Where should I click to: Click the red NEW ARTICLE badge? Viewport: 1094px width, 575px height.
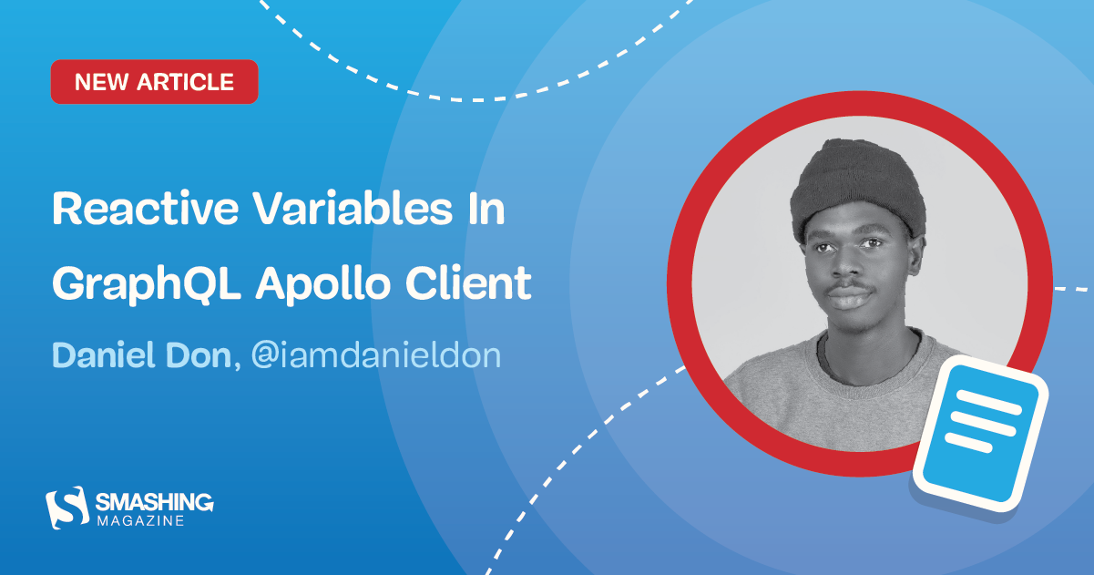[154, 82]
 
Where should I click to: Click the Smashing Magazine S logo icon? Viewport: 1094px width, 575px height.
[66, 506]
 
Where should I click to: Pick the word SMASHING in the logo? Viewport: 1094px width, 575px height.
[154, 500]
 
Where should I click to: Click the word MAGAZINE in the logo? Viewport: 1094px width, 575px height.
[140, 520]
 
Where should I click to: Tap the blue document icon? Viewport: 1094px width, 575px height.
[982, 429]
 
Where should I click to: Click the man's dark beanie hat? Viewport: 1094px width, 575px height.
[856, 187]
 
